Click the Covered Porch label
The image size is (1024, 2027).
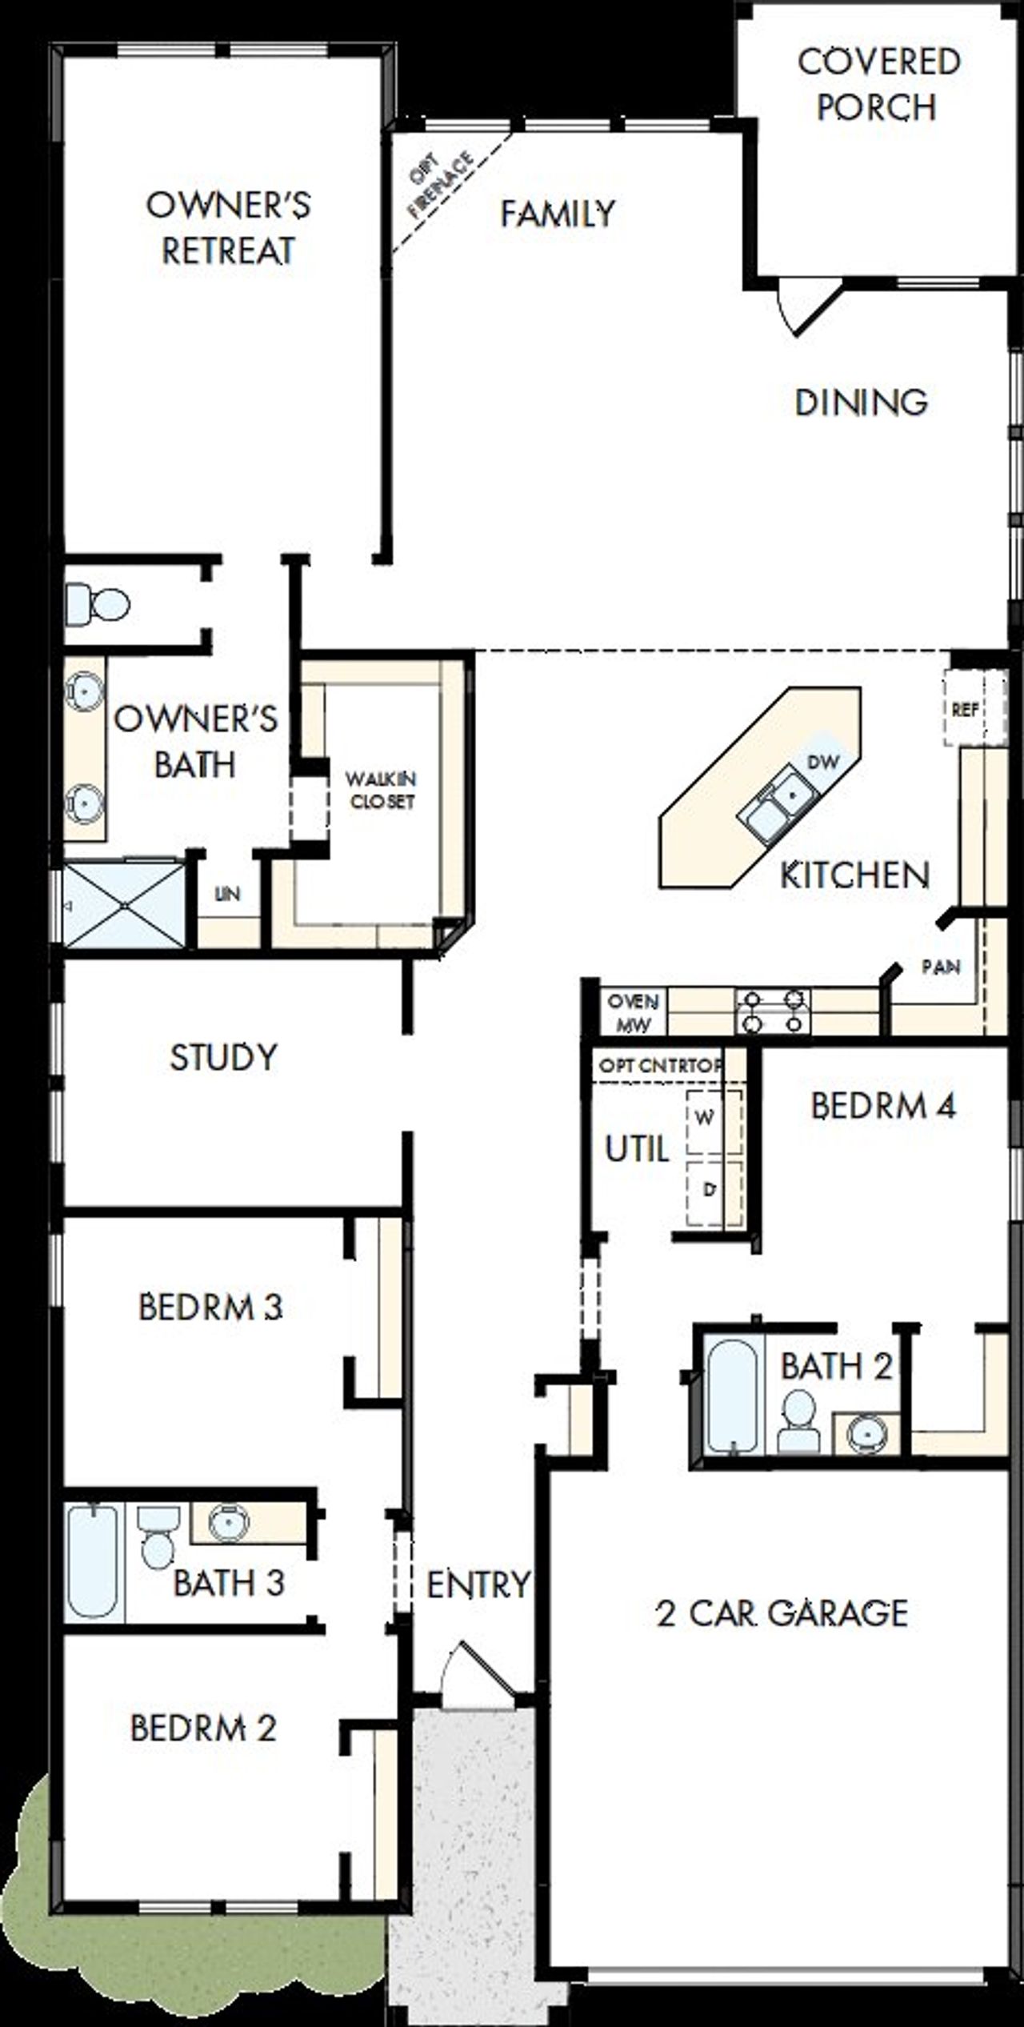[x=878, y=85]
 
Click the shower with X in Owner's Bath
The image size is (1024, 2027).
[x=123, y=905]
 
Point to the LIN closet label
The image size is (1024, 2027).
[x=228, y=894]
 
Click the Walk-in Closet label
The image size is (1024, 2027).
[x=381, y=790]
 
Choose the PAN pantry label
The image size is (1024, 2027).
[x=941, y=967]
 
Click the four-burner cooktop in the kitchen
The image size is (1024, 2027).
[x=773, y=1011]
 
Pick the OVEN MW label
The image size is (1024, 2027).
[x=633, y=1012]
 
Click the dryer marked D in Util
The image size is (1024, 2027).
[x=707, y=1191]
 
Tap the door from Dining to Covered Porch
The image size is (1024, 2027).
[x=808, y=306]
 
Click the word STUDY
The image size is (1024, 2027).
[x=223, y=1058]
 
